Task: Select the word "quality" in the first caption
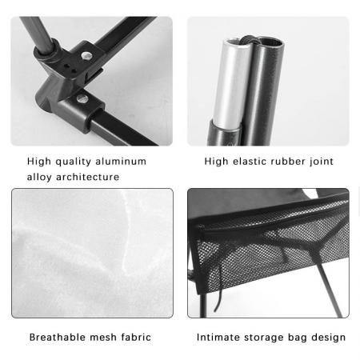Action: tap(74, 162)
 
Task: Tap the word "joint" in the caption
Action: tap(322, 162)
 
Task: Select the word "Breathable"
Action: tap(57, 338)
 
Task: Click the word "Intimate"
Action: tap(219, 338)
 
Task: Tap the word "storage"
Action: tap(265, 338)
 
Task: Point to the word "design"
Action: tap(328, 338)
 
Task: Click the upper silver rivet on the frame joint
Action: tap(86, 57)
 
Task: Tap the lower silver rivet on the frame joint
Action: tap(82, 98)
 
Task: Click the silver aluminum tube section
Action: tap(230, 80)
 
